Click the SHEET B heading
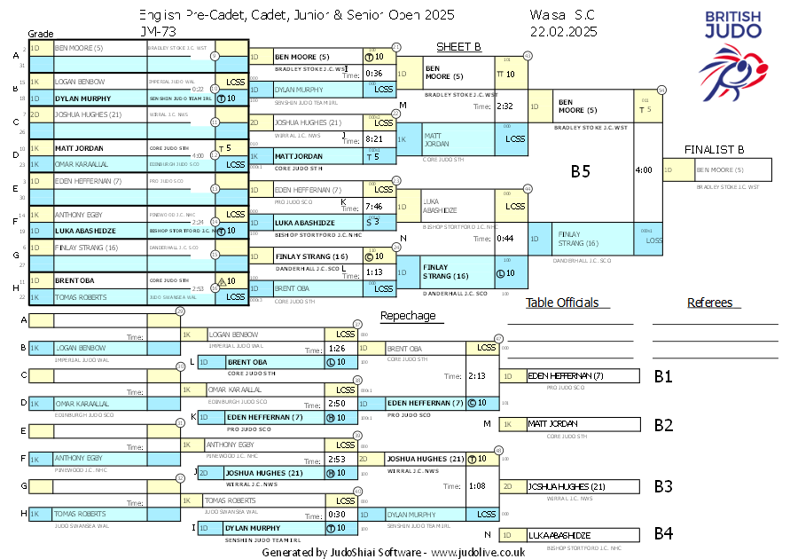tap(458, 46)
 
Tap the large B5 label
tap(580, 171)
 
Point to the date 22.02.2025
tap(563, 30)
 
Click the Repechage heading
tap(408, 316)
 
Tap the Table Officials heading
tap(562, 303)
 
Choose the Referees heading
tap(709, 303)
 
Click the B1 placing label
tap(663, 376)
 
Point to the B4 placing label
tap(663, 534)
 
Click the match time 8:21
tap(373, 139)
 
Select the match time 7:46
tap(373, 206)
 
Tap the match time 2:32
tap(505, 106)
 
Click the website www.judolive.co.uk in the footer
tap(479, 552)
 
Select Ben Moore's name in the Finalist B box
tap(719, 169)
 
